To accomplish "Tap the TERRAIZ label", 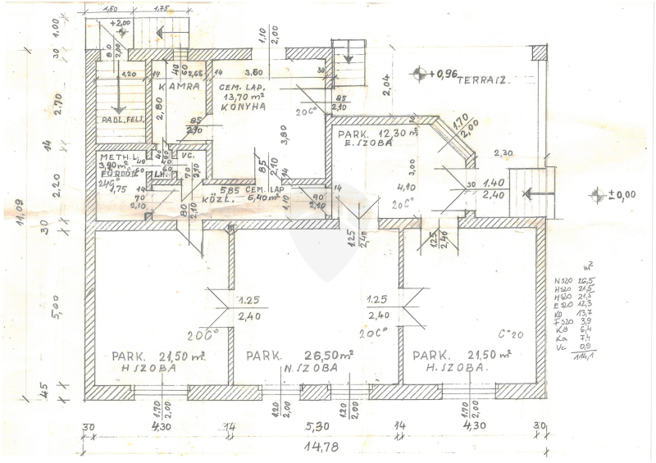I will (485, 80).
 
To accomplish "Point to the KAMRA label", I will (180, 86).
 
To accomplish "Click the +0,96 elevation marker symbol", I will (421, 74).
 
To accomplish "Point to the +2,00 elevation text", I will (120, 23).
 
